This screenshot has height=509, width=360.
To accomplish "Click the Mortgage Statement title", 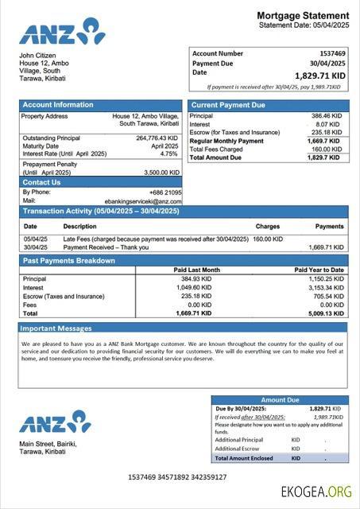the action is click(x=302, y=15).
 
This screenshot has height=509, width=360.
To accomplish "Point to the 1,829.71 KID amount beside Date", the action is click(x=318, y=75).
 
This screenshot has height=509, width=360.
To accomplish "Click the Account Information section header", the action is click(x=58, y=105).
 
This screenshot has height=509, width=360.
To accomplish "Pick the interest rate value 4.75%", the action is click(x=168, y=153).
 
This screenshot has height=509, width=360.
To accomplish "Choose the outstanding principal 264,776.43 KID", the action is click(x=157, y=138).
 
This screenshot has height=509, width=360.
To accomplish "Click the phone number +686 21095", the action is click(x=165, y=192).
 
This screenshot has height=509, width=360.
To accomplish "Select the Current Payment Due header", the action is click(x=229, y=105).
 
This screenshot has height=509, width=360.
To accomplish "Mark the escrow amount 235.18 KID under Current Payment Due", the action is click(x=326, y=132).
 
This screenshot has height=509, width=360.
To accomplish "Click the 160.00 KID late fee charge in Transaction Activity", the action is click(x=269, y=238).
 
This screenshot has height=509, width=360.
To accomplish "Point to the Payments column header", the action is click(x=329, y=226).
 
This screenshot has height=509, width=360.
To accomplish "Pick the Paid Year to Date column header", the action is click(x=319, y=270).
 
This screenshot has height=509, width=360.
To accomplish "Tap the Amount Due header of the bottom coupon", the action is click(x=279, y=400).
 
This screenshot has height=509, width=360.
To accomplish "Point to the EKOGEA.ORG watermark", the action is click(x=315, y=492).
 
